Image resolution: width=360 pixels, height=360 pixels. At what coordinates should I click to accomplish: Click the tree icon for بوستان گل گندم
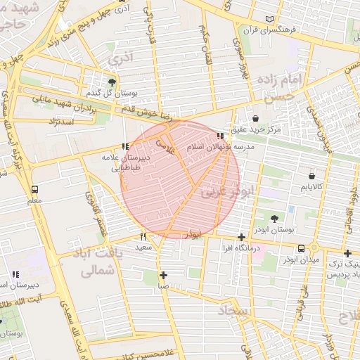point(112,82)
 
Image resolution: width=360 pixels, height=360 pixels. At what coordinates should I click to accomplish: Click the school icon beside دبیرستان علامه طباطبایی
point(125,146)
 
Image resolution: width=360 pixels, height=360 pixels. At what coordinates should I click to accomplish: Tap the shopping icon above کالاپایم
point(311,175)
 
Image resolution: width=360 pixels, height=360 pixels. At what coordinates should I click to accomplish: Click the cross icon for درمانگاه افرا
point(242,237)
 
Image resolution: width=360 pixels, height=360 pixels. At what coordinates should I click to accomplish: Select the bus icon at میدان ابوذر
point(302,248)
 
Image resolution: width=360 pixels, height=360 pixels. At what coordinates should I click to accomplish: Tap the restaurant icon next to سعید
point(143,236)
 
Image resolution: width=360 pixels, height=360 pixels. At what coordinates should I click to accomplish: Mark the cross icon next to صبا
point(163,275)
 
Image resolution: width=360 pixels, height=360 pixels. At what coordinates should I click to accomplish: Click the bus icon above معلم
point(34,189)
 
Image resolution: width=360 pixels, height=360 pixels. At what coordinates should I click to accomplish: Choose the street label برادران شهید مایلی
point(65,104)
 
